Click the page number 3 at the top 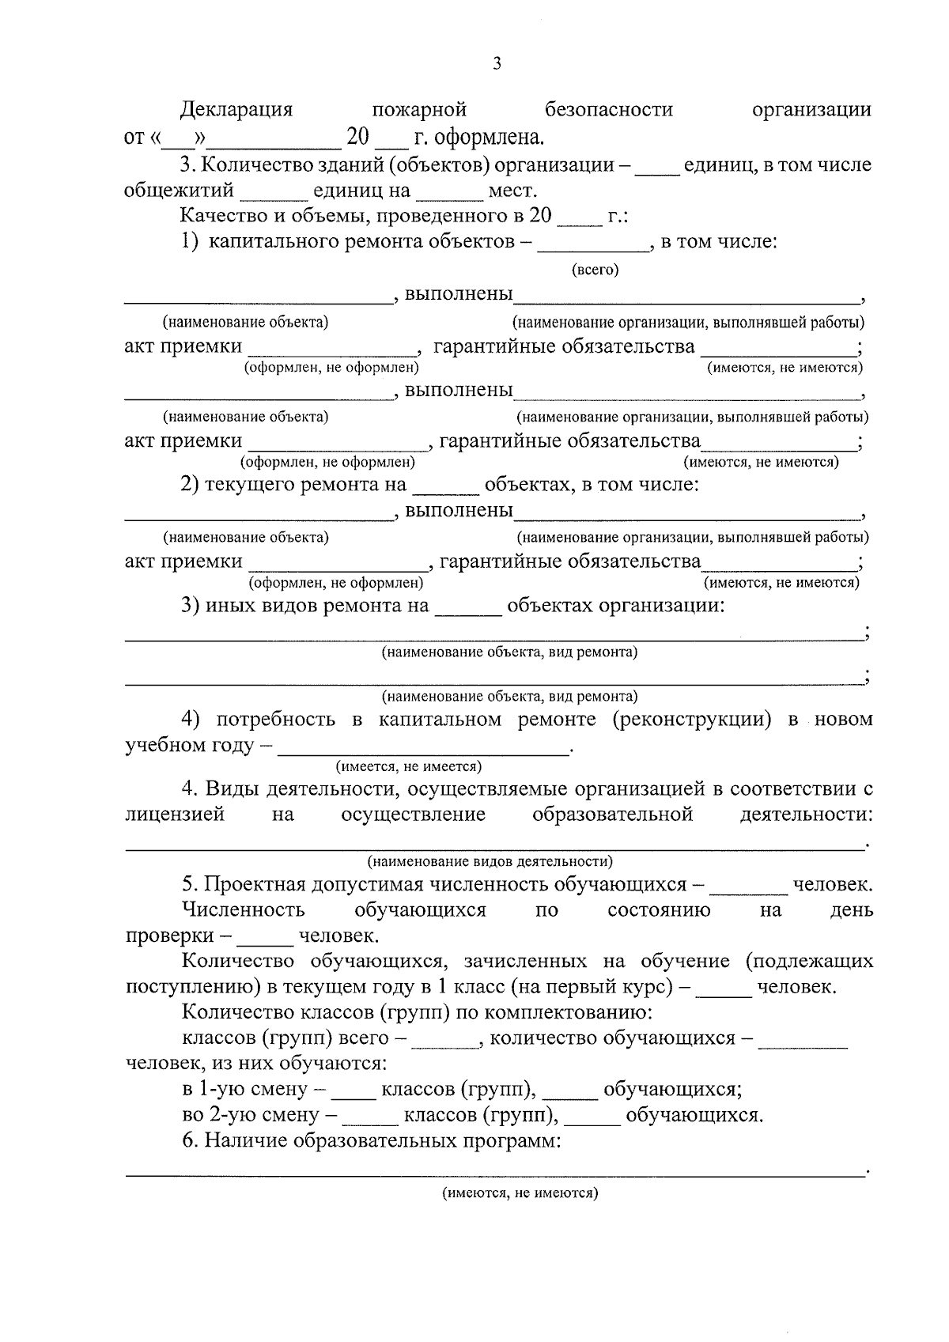(497, 64)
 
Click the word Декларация (236, 109)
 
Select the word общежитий (180, 191)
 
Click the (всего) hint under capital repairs (595, 270)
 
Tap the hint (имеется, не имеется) (409, 766)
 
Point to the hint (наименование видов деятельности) (490, 861)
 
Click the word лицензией (175, 815)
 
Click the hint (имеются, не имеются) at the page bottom (520, 1193)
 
